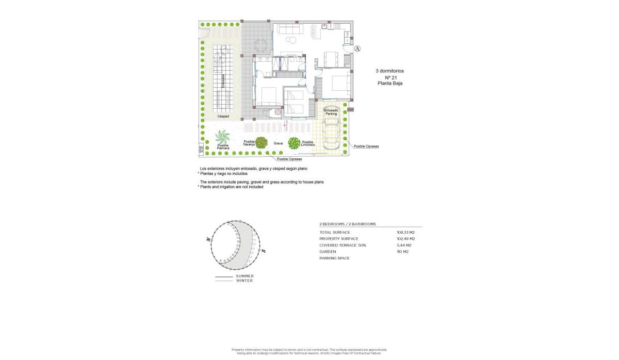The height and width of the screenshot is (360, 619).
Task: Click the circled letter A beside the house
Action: coord(359,49)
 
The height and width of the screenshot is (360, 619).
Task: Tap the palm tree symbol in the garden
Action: coord(223,137)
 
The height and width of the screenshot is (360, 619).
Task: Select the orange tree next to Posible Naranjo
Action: coord(262,142)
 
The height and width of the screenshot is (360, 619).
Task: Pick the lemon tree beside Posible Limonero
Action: coord(294,143)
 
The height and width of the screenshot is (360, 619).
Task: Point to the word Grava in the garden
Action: coord(278,143)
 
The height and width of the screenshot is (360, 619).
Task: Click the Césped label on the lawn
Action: coord(223,116)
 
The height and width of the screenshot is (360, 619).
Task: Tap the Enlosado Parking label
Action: coord(331,112)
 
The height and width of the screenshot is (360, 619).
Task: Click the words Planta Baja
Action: coord(390,83)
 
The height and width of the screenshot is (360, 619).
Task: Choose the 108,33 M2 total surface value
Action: coord(405,233)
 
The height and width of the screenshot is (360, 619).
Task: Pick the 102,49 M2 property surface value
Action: coord(405,239)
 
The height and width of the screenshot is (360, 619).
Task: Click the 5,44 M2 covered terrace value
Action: coord(404,246)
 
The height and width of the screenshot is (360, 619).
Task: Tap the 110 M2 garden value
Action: coord(402,252)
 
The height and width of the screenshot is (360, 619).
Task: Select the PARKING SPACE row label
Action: coord(334,258)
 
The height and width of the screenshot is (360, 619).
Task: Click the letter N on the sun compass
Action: coord(208,240)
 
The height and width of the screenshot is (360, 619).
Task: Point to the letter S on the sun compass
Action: coord(263,251)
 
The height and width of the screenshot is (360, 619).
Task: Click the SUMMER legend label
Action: coord(245,276)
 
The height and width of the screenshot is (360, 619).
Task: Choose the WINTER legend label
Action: coord(245,281)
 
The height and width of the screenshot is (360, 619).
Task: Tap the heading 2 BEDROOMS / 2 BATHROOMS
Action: coord(348,224)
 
